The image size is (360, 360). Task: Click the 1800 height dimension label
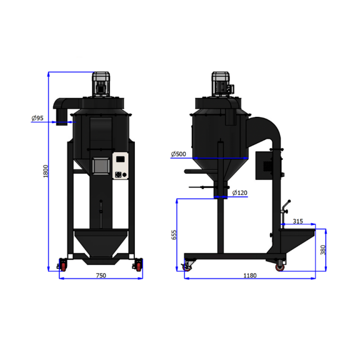46,172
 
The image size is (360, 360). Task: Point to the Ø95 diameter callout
37,118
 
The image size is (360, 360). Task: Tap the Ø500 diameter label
178,154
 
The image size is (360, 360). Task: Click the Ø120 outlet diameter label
239,193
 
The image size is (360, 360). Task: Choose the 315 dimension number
297,222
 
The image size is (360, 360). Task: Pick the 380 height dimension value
323,250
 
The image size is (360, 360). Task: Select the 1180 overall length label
251,275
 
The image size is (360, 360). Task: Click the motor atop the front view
101,84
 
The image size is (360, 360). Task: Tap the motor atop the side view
222,84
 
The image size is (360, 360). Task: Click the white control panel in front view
121,166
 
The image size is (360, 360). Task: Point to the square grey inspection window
100,166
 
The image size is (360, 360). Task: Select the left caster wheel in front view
63,265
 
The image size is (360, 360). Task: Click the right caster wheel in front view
138,265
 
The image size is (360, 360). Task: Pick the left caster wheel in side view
187,266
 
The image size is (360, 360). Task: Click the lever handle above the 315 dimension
286,207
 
